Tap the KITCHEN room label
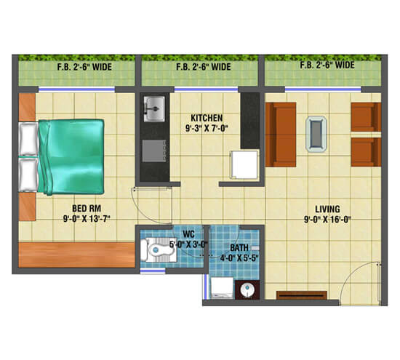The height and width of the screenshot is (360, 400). (207, 117)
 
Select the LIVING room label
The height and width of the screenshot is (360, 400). (327, 206)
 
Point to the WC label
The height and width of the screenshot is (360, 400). (188, 233)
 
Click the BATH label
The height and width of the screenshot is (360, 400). (239, 247)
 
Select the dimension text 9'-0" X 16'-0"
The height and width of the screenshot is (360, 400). (327, 217)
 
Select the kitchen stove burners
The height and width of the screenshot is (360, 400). (155, 151)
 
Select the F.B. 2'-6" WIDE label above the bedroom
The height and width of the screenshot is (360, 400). (76, 68)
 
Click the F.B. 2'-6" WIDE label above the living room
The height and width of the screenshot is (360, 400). (327, 65)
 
